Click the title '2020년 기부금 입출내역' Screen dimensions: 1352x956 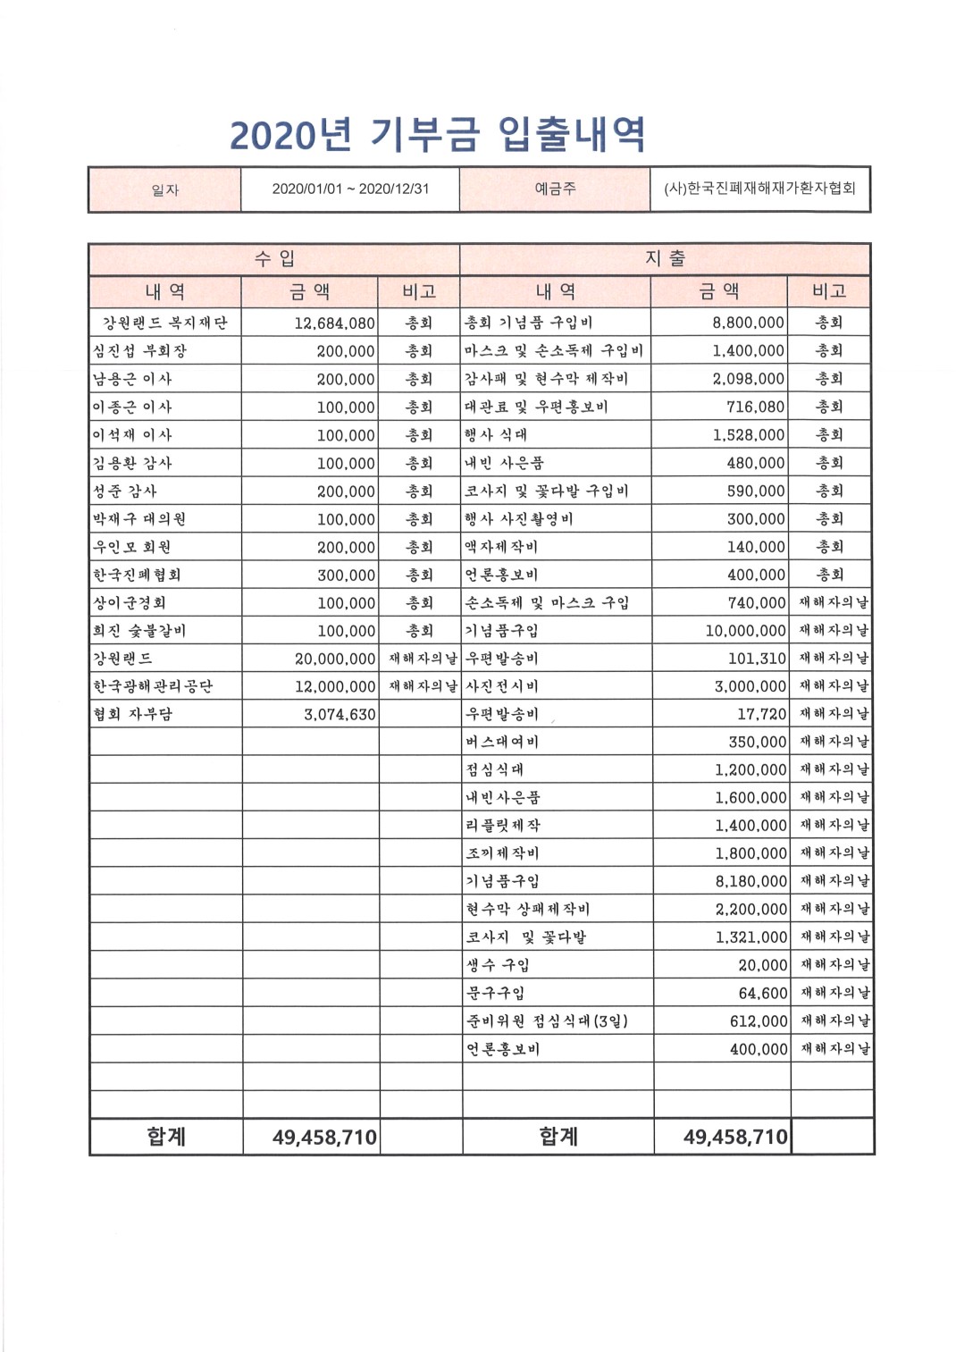[x=438, y=135]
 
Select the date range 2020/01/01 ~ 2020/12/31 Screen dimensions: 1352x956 [x=350, y=189]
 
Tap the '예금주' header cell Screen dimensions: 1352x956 [x=555, y=189]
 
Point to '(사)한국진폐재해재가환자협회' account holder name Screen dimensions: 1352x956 [x=759, y=189]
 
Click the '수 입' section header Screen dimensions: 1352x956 [x=274, y=259]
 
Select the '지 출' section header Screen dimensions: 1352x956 [x=665, y=259]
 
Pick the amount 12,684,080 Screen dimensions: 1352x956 [x=334, y=323]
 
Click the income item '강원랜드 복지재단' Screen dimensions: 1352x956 [x=165, y=323]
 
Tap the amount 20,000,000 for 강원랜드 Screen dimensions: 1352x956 [x=335, y=659]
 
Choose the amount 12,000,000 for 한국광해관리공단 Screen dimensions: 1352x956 [x=335, y=687]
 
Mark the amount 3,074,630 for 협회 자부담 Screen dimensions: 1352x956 [x=340, y=715]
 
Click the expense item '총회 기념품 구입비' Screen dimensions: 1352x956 [x=529, y=323]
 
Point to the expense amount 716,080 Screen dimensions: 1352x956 [x=755, y=407]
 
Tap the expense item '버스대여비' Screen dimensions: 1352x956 [x=502, y=743]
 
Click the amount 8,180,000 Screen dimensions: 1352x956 [x=751, y=882]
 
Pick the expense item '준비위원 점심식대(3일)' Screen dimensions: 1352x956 [x=547, y=1021]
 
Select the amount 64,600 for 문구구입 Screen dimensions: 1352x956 [x=763, y=994]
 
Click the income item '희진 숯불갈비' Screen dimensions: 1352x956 [x=139, y=631]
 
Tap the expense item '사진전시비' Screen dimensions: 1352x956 [x=502, y=687]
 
